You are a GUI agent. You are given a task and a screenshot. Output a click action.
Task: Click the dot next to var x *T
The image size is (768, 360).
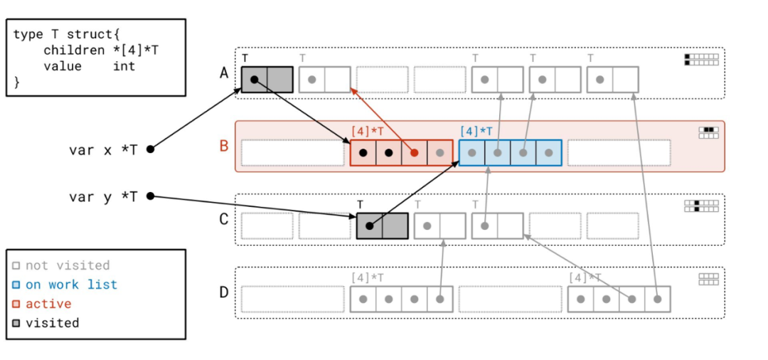click(150, 149)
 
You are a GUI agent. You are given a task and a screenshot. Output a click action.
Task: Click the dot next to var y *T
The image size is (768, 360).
click(150, 196)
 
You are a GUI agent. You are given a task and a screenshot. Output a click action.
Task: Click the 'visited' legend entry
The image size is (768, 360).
click(52, 323)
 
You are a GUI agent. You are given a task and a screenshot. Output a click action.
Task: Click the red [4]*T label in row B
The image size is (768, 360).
click(368, 131)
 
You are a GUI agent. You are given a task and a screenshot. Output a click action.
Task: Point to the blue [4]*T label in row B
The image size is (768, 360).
click(477, 131)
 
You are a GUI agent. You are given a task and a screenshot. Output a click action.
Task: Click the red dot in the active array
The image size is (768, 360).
click(415, 152)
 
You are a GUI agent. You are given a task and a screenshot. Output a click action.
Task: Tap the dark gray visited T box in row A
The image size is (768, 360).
click(267, 80)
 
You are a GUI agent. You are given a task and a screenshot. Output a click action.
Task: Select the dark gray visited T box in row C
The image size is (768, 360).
click(382, 226)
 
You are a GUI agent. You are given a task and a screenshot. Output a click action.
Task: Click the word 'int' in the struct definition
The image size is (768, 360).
click(124, 66)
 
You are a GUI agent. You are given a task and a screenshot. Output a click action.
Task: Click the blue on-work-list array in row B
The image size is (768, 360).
click(510, 152)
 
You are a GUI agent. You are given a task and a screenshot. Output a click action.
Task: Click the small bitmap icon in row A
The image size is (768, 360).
click(701, 59)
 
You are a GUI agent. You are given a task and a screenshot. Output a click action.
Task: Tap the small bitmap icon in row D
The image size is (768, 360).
click(708, 279)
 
